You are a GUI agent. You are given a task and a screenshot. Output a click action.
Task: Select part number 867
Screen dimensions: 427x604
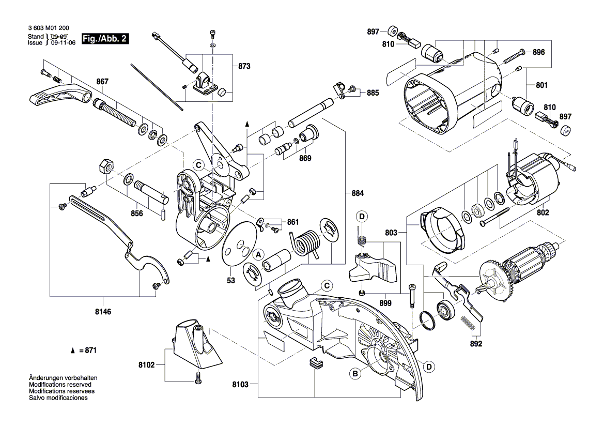coord(103,81)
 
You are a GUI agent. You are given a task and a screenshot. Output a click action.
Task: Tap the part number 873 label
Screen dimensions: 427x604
coord(244,67)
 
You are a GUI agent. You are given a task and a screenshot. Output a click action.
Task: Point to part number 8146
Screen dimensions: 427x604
coord(102,313)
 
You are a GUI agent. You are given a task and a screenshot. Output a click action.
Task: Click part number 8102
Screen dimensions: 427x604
coord(146,364)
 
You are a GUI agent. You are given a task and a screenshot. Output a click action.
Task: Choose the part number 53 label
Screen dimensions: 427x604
coord(230,281)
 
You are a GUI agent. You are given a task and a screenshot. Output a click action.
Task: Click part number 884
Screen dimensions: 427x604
coord(358,193)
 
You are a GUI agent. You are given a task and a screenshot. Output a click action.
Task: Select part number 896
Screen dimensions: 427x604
coord(539,52)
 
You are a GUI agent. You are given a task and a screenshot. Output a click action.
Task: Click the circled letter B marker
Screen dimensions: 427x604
coord(355,373)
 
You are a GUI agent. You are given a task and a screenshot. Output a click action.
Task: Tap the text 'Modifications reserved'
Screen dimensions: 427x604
coord(60,385)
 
